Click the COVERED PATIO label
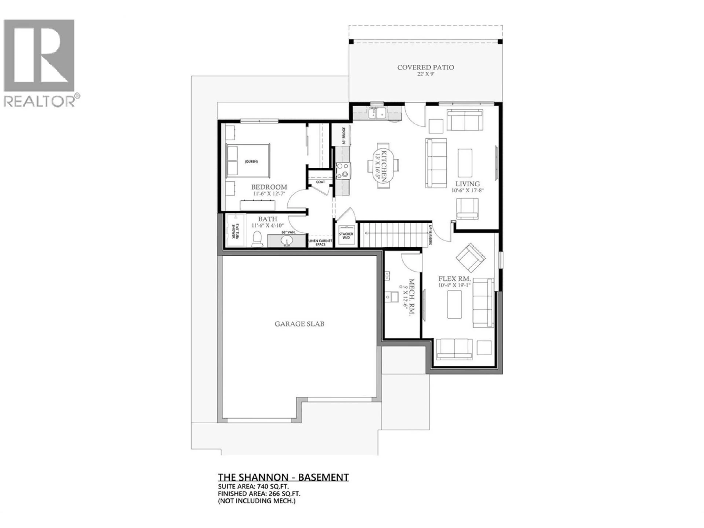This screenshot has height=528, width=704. (x=426, y=67)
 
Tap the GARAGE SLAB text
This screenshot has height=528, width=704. (x=299, y=324)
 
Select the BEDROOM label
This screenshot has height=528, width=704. (x=269, y=187)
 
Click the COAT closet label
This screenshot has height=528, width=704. (x=320, y=182)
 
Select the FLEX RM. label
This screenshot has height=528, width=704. (x=454, y=279)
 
